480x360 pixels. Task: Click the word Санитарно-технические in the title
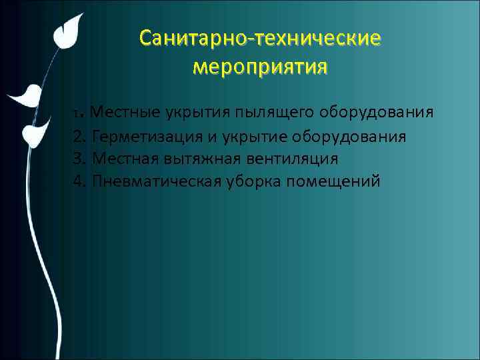pos(261,39)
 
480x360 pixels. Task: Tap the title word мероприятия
pos(260,67)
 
